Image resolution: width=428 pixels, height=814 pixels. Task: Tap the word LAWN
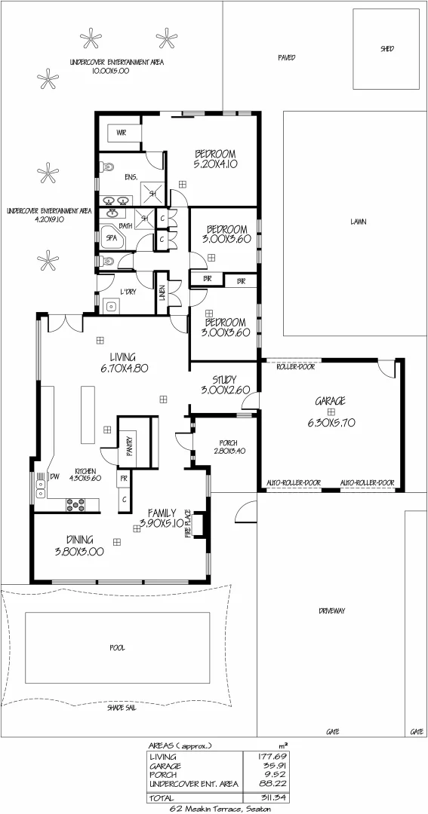[358, 222]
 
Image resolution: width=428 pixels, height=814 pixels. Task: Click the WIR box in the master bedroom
[121, 133]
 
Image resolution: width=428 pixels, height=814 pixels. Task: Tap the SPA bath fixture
[112, 237]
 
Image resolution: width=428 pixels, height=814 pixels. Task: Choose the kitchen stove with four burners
[75, 503]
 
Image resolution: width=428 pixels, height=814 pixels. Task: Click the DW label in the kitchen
[54, 476]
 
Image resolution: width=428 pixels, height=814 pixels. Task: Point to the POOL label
[116, 647]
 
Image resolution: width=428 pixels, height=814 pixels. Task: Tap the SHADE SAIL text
[120, 708]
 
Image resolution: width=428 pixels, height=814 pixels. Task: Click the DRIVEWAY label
[331, 610]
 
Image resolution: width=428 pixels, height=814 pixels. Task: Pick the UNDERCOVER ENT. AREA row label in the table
[194, 784]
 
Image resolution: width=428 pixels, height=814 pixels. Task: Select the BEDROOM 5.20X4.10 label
[216, 158]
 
